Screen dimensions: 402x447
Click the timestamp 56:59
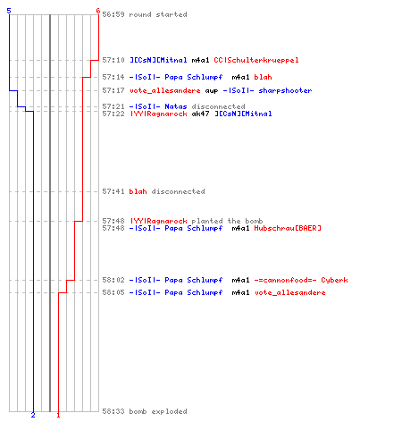[x=113, y=14]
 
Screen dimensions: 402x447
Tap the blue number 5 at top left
[x=9, y=11]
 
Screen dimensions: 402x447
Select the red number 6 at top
[x=98, y=11]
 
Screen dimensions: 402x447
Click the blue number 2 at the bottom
[x=33, y=415]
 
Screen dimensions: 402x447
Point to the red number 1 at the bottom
[x=58, y=415]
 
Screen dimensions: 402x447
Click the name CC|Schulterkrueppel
[x=256, y=60]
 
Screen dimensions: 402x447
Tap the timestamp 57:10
[x=113, y=60]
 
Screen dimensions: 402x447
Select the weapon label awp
[x=212, y=90]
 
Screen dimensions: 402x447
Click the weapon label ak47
[x=200, y=114]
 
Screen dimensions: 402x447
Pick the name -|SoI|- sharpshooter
[x=267, y=90]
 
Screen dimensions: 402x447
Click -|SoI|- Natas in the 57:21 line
[x=158, y=106]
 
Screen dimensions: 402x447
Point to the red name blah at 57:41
[x=138, y=191]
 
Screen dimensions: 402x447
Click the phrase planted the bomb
[x=227, y=221]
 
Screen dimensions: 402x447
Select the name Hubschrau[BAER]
[x=288, y=228]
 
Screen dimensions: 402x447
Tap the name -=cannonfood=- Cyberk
[x=301, y=280]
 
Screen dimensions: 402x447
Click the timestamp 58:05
[x=113, y=292]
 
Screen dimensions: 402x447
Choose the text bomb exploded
[x=158, y=411]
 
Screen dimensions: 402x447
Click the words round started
[x=158, y=14]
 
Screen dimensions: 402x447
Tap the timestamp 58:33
[x=113, y=411]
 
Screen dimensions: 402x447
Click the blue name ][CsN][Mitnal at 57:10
[x=158, y=60]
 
